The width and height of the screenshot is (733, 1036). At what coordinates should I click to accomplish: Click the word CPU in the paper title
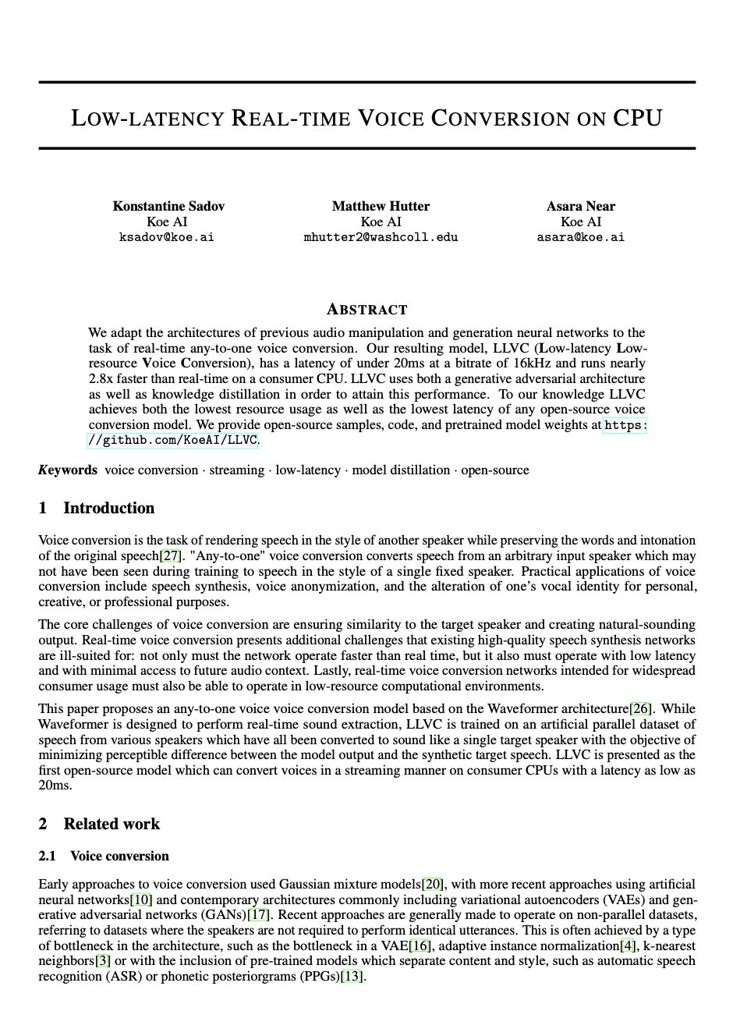click(x=637, y=119)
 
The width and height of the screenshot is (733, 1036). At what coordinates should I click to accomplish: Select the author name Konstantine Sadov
click(x=168, y=206)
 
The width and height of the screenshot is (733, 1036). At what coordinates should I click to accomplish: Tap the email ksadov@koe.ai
click(x=166, y=237)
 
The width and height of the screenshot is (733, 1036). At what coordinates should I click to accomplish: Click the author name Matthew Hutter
click(x=381, y=206)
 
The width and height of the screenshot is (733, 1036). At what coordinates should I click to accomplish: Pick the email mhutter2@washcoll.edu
click(x=381, y=237)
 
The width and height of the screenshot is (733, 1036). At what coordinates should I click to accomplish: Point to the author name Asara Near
click(x=581, y=206)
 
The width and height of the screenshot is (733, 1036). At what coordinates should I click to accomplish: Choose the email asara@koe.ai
click(x=581, y=237)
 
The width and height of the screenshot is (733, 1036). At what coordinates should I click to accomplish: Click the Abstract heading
click(x=366, y=309)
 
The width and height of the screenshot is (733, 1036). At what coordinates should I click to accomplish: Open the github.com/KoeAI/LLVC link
click(x=173, y=440)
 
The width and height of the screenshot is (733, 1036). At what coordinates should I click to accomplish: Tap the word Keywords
click(x=68, y=470)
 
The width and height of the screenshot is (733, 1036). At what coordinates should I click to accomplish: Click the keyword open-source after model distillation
click(x=495, y=470)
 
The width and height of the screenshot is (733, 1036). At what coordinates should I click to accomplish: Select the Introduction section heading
click(x=108, y=508)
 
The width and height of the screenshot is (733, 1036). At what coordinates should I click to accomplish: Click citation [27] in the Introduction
click(x=171, y=555)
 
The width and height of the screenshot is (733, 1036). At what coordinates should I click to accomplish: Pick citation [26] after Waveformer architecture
click(x=640, y=708)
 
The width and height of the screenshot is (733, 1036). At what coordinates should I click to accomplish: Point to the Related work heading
click(x=112, y=824)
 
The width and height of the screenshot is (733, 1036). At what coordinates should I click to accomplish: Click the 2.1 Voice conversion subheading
click(x=119, y=856)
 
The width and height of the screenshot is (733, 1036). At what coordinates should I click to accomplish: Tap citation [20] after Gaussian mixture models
click(x=433, y=884)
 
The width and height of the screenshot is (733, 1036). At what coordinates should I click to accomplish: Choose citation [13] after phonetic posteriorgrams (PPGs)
click(x=352, y=976)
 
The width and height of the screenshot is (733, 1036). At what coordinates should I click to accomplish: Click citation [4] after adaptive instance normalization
click(x=628, y=946)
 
